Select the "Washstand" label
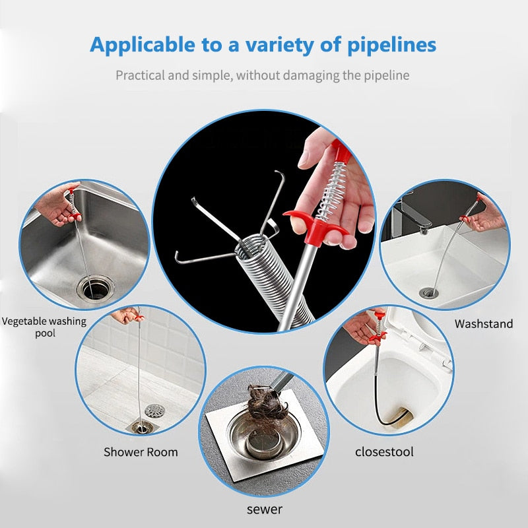(x=484, y=323)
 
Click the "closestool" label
(x=384, y=452)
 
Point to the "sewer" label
(x=264, y=509)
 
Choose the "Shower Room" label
(x=141, y=452)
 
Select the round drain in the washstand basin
(x=428, y=292)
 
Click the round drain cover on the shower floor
(x=154, y=411)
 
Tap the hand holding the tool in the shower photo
(x=125, y=316)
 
